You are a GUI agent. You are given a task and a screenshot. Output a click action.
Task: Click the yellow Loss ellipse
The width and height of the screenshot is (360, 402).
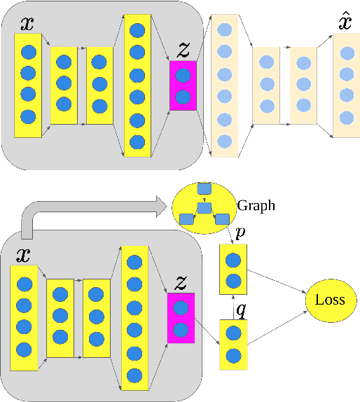pos(331,300)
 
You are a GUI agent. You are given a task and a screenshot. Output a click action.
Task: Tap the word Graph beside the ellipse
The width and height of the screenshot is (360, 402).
pos(256,206)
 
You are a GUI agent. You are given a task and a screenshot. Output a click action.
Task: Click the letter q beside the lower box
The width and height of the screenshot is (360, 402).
pos(240,309)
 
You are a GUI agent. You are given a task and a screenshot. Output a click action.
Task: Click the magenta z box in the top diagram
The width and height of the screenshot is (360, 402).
pos(183,85)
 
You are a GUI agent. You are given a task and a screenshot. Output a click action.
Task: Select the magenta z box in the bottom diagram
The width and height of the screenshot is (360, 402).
pos(180,318)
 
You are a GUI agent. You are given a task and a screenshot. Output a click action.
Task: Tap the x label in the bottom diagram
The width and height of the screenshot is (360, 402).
pos(23,255)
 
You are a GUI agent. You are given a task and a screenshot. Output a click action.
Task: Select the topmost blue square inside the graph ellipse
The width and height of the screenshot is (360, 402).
pos(204,188)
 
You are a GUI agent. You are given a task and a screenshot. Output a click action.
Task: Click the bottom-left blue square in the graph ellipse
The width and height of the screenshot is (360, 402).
pos(187,220)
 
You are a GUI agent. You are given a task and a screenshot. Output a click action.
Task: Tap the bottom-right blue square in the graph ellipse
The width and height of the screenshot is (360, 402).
pos(221,219)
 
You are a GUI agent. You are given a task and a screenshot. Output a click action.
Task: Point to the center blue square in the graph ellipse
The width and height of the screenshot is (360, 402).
pos(204,208)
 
